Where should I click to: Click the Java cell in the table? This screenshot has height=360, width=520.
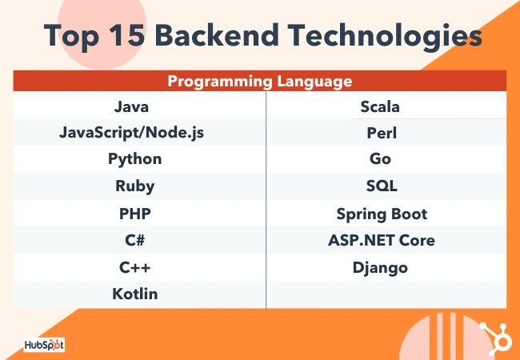pyautogui.click(x=131, y=106)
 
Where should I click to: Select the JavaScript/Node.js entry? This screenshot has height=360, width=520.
pyautogui.click(x=131, y=132)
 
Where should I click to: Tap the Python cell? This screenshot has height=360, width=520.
pyautogui.click(x=134, y=158)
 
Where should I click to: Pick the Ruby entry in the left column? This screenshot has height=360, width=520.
pyautogui.click(x=134, y=186)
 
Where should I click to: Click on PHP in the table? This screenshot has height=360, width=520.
pyautogui.click(x=134, y=214)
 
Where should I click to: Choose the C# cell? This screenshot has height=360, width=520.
pyautogui.click(x=134, y=240)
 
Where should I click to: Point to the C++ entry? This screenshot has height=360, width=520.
pyautogui.click(x=134, y=267)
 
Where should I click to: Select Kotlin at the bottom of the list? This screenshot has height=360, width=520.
pyautogui.click(x=134, y=294)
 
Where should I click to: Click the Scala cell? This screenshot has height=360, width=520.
pyautogui.click(x=380, y=106)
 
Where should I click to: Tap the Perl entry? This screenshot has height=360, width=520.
pyautogui.click(x=381, y=133)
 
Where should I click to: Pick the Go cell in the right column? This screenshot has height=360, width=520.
pyautogui.click(x=381, y=159)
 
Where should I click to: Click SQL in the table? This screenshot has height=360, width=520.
pyautogui.click(x=381, y=186)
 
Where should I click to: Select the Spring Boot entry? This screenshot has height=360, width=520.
pyautogui.click(x=382, y=214)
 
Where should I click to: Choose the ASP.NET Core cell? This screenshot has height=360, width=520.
pyautogui.click(x=382, y=240)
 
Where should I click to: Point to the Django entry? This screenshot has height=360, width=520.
pyautogui.click(x=381, y=267)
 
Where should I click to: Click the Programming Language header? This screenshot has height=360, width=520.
pyautogui.click(x=259, y=82)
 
